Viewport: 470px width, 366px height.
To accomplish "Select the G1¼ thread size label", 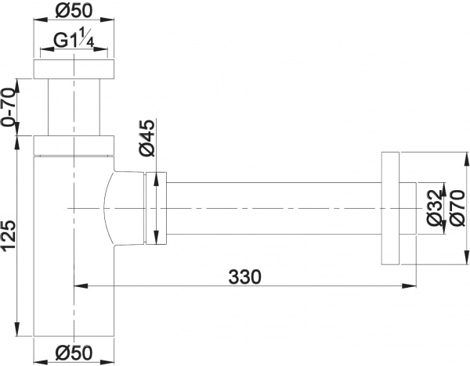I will (x=74, y=44).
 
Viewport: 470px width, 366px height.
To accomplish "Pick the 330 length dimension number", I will (x=244, y=276).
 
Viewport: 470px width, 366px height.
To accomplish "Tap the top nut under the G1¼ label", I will (x=74, y=68).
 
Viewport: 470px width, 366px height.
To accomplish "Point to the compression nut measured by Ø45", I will (x=157, y=207).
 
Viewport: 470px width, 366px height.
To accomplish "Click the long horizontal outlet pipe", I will (x=274, y=207).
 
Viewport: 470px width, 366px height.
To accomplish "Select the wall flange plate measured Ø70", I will (x=391, y=207).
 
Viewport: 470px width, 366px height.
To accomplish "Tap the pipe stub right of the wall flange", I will (x=408, y=207).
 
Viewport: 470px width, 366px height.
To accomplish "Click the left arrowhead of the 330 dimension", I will (x=78, y=286).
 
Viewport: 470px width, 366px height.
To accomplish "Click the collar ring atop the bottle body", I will (x=74, y=145).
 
